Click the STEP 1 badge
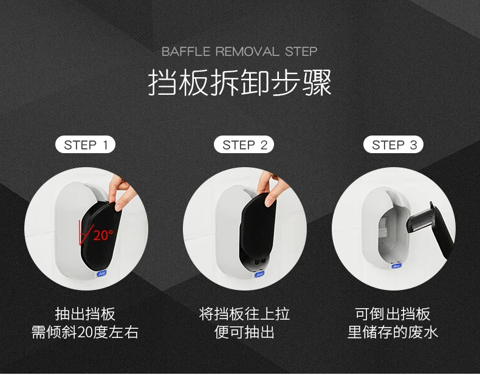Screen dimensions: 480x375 (86, 145)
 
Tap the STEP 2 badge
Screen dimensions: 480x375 (244, 145)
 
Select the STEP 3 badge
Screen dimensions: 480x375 (393, 145)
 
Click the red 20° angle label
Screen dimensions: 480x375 (103, 235)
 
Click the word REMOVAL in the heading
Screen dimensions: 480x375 (247, 52)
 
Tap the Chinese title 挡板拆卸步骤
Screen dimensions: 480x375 (239, 83)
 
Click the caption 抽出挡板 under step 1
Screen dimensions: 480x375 (85, 314)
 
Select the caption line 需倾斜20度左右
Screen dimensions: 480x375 (85, 332)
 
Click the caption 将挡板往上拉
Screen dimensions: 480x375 (244, 314)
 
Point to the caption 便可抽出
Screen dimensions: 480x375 (244, 332)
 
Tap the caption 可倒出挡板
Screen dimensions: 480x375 (393, 314)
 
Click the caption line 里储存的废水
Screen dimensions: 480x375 (393, 332)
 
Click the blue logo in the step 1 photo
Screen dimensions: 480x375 (101, 274)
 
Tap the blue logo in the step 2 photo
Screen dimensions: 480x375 (259, 274)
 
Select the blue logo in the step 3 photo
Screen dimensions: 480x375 (396, 266)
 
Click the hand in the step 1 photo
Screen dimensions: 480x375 (121, 191)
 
